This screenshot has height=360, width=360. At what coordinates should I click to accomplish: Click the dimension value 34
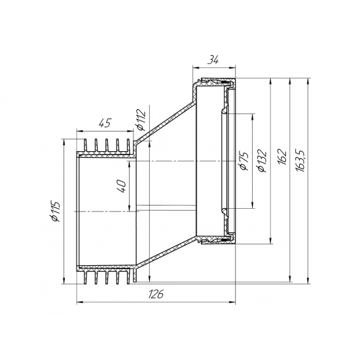[x=213, y=60]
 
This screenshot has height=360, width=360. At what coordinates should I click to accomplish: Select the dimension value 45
[x=105, y=123]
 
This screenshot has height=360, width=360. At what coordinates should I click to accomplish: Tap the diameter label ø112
[x=141, y=120]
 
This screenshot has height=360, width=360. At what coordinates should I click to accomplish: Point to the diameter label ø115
[x=56, y=211]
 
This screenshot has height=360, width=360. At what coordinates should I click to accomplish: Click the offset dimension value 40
[x=122, y=186]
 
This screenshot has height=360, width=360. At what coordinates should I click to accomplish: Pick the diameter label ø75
[x=243, y=161]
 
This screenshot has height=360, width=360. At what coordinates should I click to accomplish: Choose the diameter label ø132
[x=262, y=161]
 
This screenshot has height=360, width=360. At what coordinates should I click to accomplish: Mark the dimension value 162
[x=282, y=157]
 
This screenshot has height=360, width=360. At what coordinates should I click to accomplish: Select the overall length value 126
[x=156, y=294]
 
